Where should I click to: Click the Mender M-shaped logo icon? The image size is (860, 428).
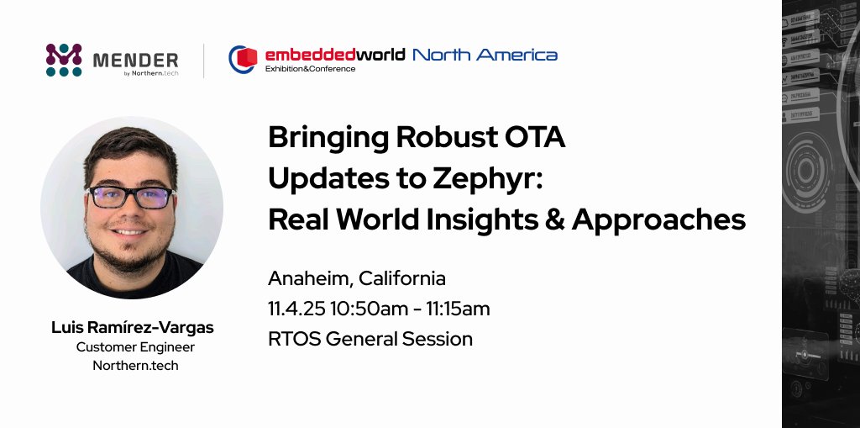click(64, 61)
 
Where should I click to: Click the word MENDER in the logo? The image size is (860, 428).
click(135, 60)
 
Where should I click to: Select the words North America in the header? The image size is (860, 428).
click(485, 55)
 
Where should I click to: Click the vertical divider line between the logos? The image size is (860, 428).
click(204, 61)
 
